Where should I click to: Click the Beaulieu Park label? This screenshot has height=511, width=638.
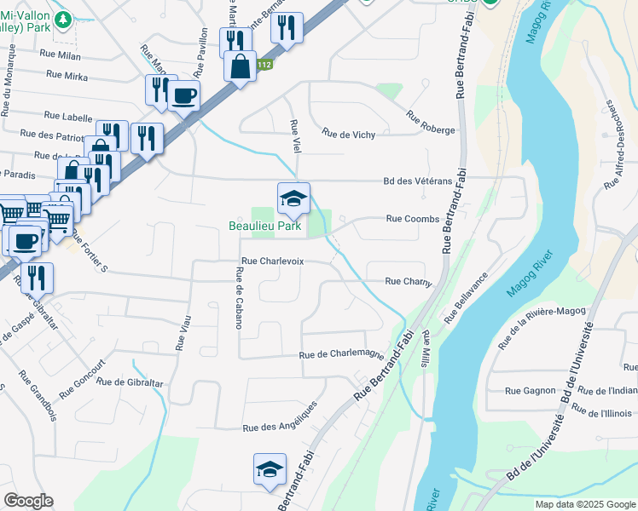264,226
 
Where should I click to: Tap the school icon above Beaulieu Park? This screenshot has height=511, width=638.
293,199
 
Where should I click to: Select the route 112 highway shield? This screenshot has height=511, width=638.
266,65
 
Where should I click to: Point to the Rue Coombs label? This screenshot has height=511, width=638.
412,219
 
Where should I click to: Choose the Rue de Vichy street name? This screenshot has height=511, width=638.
347,134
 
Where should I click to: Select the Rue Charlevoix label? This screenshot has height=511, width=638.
272,261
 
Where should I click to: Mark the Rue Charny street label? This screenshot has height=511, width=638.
408,281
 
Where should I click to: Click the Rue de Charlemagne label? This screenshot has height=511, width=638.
341,355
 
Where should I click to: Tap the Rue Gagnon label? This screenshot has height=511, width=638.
530,391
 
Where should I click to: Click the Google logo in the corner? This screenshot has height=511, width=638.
28,501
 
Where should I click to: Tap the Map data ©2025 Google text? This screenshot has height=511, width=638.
584,504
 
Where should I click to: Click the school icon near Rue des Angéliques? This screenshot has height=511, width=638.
270,470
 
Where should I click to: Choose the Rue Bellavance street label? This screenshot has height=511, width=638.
467,297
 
